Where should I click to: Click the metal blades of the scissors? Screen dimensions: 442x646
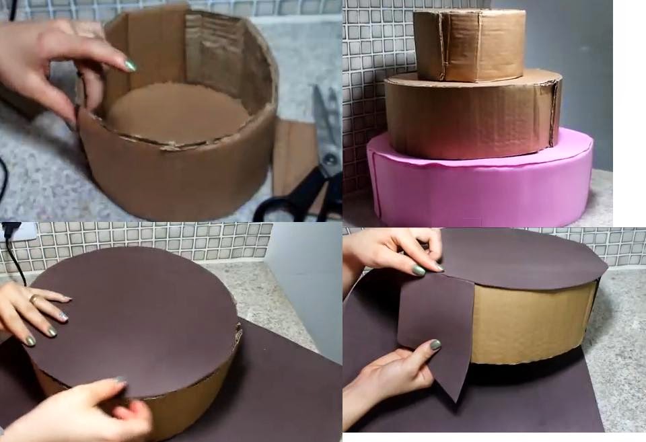coord(326,128)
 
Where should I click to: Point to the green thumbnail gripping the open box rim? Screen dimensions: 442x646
coord(130,66)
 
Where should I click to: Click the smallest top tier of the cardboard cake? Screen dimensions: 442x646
coord(469,44)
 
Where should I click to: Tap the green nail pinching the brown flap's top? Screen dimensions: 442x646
coord(419,270)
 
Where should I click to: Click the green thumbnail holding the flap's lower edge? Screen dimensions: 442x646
coord(435,344)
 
